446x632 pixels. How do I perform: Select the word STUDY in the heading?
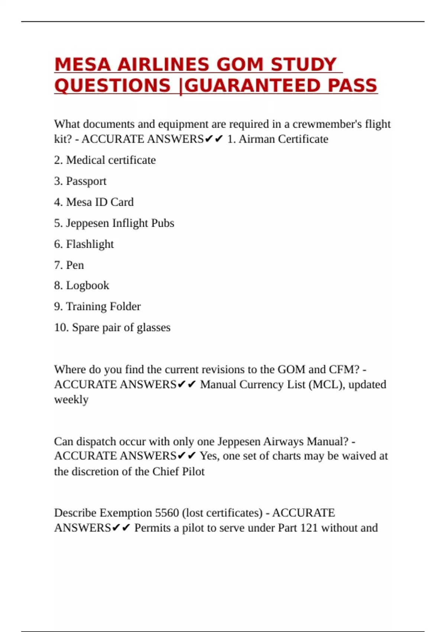303,65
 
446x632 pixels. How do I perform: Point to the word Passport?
86,181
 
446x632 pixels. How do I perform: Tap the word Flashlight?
90,244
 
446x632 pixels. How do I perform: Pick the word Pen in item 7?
75,265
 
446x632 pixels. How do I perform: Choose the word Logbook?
87,286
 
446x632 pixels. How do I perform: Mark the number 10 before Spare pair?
61,328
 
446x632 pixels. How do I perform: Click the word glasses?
153,328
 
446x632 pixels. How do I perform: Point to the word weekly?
71,400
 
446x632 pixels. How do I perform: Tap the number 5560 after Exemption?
167,513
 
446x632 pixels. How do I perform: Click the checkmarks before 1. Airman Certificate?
214,139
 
